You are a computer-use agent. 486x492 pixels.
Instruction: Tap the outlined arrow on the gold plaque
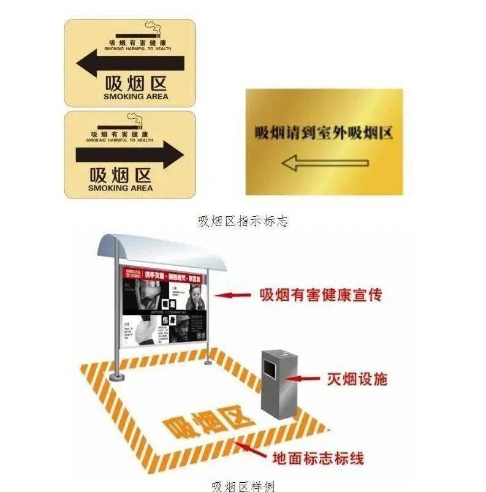[x=324, y=163]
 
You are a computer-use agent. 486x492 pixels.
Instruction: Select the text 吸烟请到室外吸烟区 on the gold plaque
[x=324, y=132]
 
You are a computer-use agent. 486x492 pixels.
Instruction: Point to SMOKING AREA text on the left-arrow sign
[x=136, y=97]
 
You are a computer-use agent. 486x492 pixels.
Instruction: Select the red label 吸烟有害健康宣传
[x=321, y=295]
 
